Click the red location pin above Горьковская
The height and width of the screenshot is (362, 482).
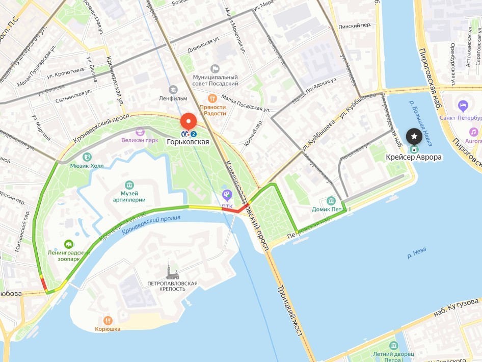click(x=189, y=121)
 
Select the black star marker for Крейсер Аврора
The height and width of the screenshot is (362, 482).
click(x=414, y=136)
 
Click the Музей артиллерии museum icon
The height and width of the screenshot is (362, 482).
click(x=129, y=185)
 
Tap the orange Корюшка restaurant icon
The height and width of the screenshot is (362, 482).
click(x=108, y=320)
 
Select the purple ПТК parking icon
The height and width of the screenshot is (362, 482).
click(x=227, y=194)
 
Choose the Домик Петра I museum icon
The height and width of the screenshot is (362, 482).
click(x=331, y=201)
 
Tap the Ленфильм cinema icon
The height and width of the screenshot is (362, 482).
click(x=173, y=90)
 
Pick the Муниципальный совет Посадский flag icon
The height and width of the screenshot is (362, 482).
click(x=215, y=68)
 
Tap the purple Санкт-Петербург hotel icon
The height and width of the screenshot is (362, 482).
click(x=463, y=106)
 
